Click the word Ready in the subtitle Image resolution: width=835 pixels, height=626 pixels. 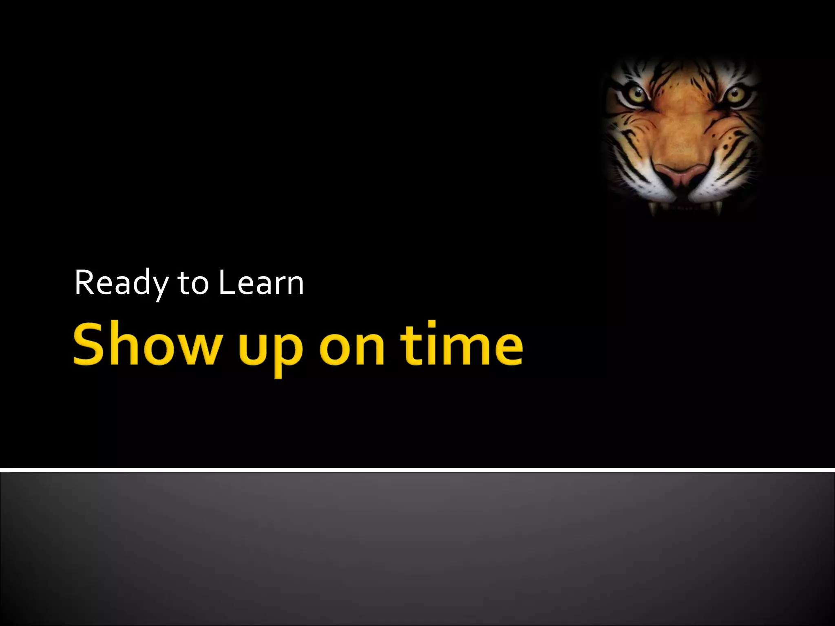coord(121,283)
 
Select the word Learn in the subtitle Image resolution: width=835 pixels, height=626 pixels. coord(261,283)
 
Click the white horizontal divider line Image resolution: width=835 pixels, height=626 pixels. coord(417,470)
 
